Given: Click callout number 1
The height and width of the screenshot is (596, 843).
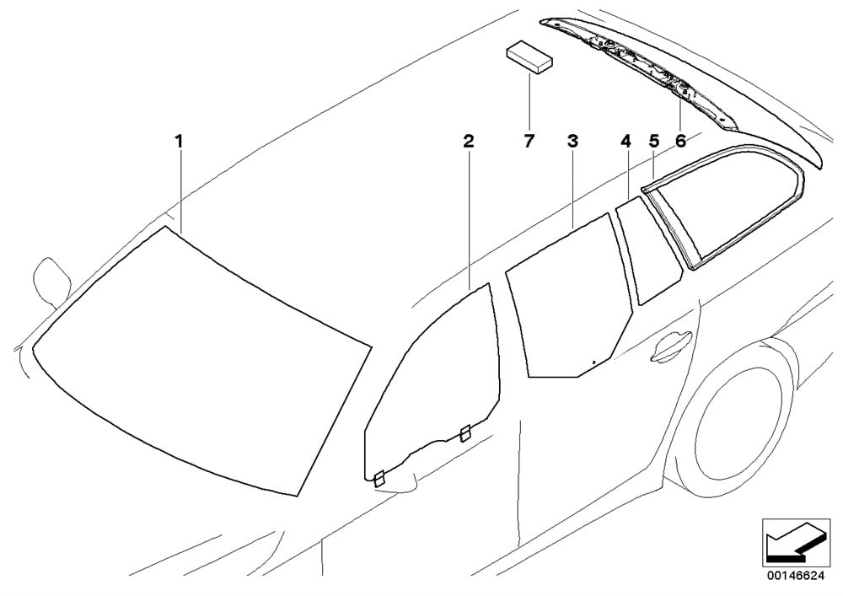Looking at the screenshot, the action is click(179, 142).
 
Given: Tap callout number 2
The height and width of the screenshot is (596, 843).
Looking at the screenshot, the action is click(469, 142).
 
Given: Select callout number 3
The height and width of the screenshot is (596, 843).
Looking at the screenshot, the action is click(572, 142).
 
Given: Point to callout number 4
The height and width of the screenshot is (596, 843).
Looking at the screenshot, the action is click(626, 142).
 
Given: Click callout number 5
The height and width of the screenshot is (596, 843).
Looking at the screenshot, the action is click(654, 142).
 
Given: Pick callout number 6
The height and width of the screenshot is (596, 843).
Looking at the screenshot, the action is click(680, 142).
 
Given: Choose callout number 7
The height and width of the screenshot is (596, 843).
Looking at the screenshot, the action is click(529, 142).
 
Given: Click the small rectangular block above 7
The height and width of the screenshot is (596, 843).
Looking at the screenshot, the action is click(529, 56).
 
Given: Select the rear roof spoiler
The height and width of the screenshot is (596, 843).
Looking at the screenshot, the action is click(683, 86).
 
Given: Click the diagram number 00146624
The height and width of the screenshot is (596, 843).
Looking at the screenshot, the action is click(796, 576).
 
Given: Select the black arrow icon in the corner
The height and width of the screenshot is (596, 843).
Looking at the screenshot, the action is click(796, 542).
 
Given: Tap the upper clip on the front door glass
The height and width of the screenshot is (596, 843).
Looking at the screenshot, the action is click(465, 433).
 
